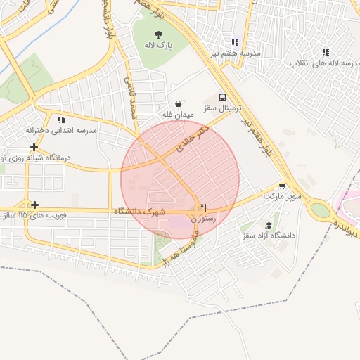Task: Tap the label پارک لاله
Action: (160, 46)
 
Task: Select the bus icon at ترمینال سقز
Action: (223, 98)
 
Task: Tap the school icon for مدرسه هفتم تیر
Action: (235, 41)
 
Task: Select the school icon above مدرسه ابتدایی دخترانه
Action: (61, 120)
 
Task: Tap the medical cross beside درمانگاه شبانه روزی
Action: (34, 147)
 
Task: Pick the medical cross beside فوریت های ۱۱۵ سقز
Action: (34, 204)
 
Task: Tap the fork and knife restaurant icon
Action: (203, 207)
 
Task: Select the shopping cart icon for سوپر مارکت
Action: (282, 186)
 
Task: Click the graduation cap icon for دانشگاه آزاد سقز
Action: (269, 224)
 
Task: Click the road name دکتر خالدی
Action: (193, 140)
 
